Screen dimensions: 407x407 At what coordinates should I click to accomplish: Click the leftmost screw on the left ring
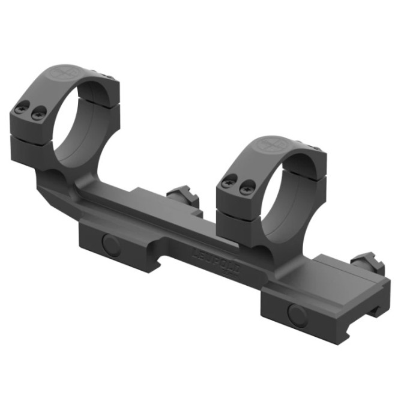click(22, 109)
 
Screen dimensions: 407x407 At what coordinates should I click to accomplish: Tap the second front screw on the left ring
click(38, 111)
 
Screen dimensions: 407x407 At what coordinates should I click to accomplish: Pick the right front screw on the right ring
click(245, 188)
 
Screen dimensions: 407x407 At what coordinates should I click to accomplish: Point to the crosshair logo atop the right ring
click(268, 145)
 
